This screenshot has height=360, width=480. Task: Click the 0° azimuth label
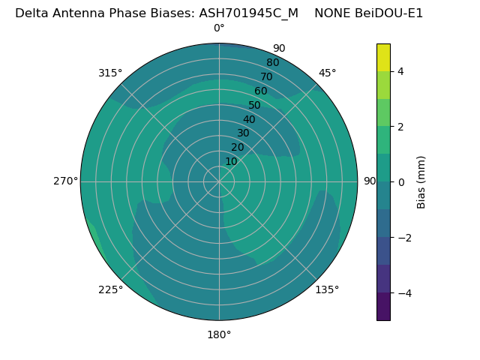[x=219, y=28]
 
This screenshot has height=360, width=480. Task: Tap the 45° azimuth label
[x=328, y=73]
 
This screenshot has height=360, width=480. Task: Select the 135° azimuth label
[x=327, y=289]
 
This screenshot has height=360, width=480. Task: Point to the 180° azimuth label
[x=219, y=334]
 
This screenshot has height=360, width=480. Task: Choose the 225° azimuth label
[x=110, y=289]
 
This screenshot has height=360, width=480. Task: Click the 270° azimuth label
[x=65, y=181]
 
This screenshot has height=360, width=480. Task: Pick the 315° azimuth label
[x=110, y=73]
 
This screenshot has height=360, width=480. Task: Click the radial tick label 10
[x=232, y=161]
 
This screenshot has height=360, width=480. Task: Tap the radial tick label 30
[x=243, y=133]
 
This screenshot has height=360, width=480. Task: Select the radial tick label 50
[x=255, y=106]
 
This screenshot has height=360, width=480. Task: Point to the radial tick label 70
[x=267, y=76]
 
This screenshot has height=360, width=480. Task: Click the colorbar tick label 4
[x=400, y=71]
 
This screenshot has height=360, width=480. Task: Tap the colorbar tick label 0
[x=400, y=182]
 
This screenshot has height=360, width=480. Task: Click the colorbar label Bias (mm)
[x=421, y=182]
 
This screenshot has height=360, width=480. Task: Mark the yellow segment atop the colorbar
[x=383, y=58]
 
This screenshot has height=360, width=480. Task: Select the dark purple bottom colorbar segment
[x=383, y=307]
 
